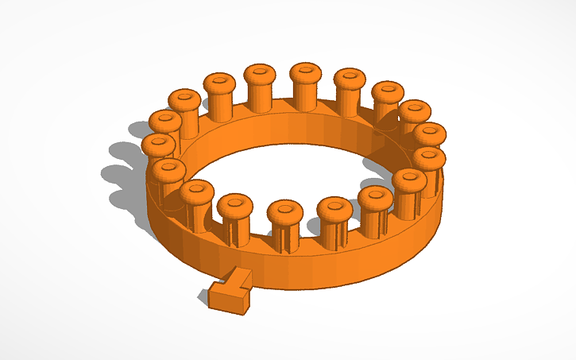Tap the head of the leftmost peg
point(158,145)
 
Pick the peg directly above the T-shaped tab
point(234,208)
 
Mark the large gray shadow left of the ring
point(119,171)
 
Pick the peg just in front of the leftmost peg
point(168,170)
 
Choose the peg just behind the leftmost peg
point(164,122)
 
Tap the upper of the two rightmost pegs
point(430,133)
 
